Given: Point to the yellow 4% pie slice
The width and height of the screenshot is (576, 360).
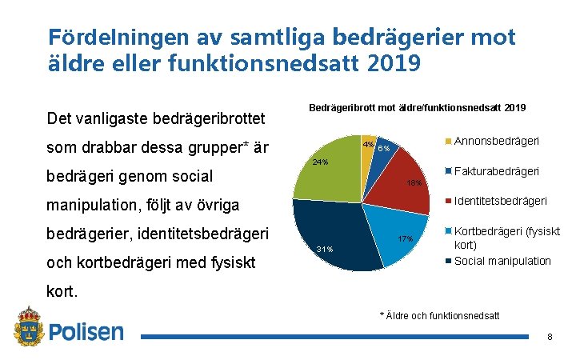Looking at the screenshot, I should [367, 152].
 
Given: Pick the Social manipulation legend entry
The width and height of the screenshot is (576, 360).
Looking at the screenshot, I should [502, 261].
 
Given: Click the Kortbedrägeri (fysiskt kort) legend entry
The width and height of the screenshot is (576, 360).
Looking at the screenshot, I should [506, 238].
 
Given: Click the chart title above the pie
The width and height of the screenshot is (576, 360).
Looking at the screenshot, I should [416, 107].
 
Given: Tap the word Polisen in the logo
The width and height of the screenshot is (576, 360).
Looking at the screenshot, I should [86, 332].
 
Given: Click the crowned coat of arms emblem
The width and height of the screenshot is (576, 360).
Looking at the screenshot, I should [29, 328].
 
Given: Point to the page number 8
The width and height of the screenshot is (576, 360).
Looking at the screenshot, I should [550, 337].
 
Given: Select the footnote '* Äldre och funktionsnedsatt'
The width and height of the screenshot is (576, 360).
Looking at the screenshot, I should [439, 315].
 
